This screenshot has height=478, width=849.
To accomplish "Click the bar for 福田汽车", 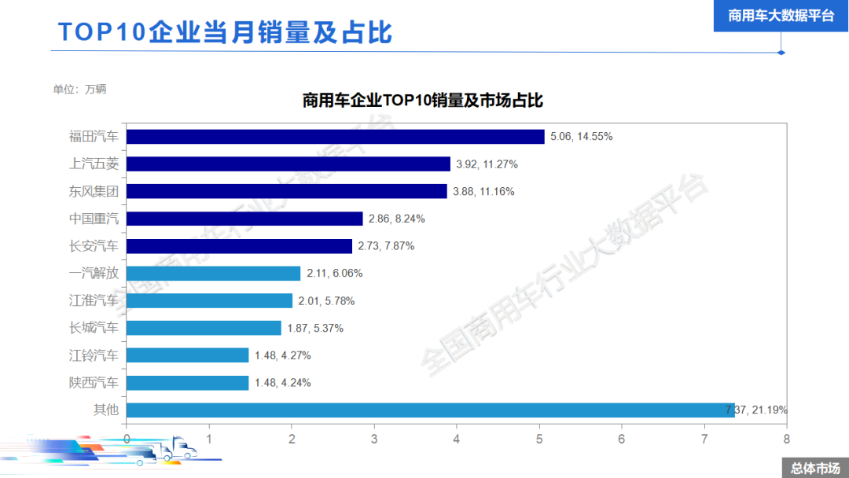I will pyautogui.click(x=335, y=137).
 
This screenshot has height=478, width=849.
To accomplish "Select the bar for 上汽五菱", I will pyautogui.click(x=288, y=164).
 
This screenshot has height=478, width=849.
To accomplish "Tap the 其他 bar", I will pyautogui.click(x=430, y=410).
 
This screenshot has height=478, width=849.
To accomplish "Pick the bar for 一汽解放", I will pyautogui.click(x=213, y=274).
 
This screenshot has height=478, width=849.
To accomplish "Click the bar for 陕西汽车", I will pyautogui.click(x=187, y=383).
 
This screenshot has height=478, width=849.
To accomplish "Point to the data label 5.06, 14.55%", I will pyautogui.click(x=581, y=137).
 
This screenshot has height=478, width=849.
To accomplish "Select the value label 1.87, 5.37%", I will pyautogui.click(x=315, y=328).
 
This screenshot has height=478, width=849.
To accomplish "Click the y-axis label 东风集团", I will pyautogui.click(x=94, y=191).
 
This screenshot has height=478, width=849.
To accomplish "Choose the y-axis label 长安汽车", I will pyautogui.click(x=94, y=246).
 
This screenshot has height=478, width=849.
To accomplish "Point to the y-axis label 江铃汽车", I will pyautogui.click(x=94, y=355).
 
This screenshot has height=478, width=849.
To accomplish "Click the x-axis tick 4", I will pyautogui.click(x=457, y=439).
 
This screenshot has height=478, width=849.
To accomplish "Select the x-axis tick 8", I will pyautogui.click(x=786, y=439).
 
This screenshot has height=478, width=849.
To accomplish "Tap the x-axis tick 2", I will pyautogui.click(x=292, y=439).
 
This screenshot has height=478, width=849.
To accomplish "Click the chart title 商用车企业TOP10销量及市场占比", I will pyautogui.click(x=423, y=101).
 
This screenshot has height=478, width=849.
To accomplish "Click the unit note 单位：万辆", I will pyautogui.click(x=79, y=89).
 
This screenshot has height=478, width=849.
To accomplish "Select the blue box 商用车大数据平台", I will pyautogui.click(x=781, y=16).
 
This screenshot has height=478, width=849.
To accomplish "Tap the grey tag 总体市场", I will pyautogui.click(x=814, y=468).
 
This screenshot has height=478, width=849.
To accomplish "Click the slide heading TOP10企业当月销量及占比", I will pyautogui.click(x=225, y=32).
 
